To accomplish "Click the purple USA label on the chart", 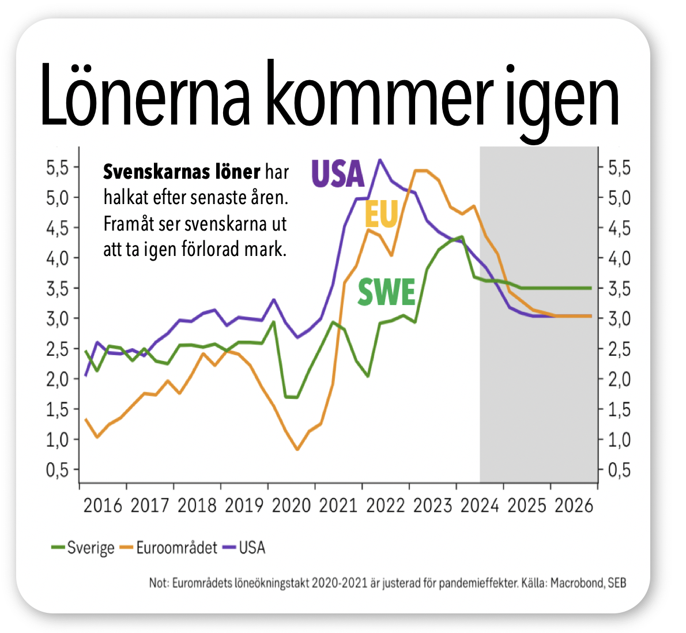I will click(x=338, y=174).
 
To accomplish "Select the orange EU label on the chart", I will click(x=382, y=215).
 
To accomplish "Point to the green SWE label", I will click(x=386, y=292).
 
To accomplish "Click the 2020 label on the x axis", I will click(x=291, y=506).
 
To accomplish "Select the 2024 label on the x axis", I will click(x=480, y=506).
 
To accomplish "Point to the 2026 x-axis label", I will click(x=574, y=506).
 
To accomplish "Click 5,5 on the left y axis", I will click(x=57, y=168).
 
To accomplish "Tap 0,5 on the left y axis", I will click(x=57, y=470).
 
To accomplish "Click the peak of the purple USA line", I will click(x=379, y=160).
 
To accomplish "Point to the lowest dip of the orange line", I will click(x=297, y=450).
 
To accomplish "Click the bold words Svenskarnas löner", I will click(x=182, y=172).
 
